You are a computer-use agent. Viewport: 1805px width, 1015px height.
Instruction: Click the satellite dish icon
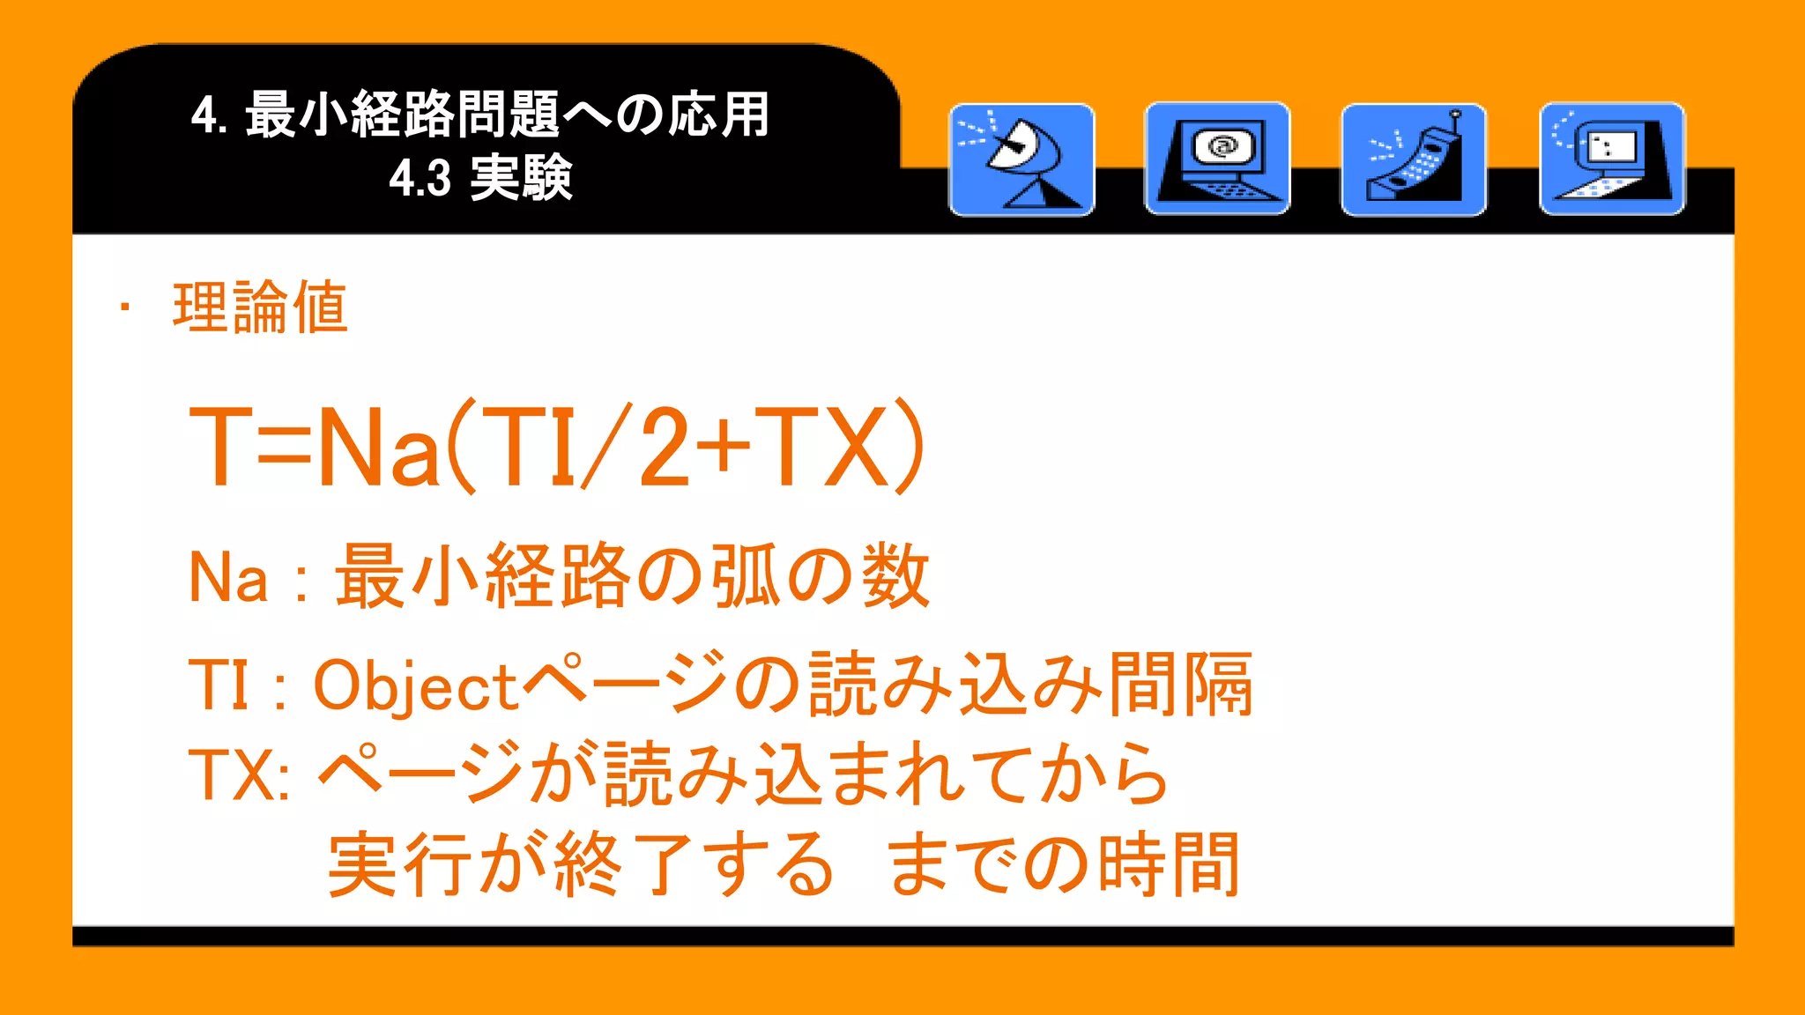coord(1021,159)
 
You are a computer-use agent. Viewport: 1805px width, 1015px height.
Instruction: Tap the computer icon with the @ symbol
coord(1217,159)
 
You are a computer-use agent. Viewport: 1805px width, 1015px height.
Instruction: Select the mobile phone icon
coord(1414,159)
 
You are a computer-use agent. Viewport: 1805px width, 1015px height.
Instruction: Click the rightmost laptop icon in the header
coord(1612,159)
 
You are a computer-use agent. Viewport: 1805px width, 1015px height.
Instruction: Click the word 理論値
coord(261,307)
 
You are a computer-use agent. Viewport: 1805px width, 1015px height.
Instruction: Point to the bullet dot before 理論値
coord(126,307)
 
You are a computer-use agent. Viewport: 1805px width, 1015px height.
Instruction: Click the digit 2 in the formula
coord(664,446)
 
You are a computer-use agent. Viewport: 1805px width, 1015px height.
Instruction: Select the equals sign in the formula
coord(286,446)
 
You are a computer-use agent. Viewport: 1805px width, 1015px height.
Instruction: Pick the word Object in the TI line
coord(414,686)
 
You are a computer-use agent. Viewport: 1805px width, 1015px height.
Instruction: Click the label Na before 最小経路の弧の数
coord(228,578)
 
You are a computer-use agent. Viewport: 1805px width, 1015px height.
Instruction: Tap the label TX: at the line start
coord(239,775)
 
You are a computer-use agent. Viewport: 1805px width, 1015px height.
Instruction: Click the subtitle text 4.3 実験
coord(481,178)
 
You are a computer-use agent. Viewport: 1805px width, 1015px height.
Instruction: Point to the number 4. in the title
coord(210,115)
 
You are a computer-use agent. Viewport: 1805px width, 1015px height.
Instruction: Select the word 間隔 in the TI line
coord(1181,685)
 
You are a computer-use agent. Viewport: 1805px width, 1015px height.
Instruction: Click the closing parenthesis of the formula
coord(911,446)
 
